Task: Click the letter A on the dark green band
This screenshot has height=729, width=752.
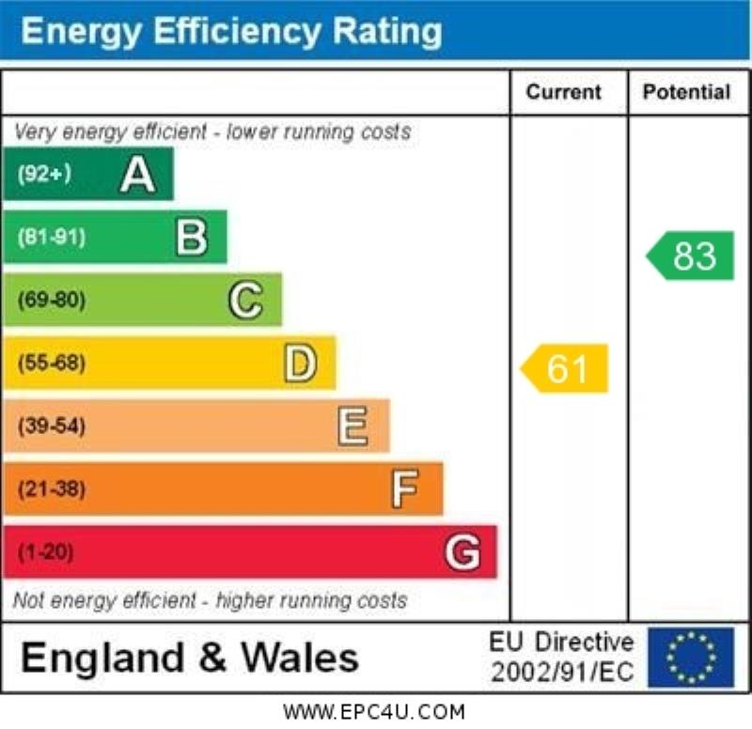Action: (x=137, y=175)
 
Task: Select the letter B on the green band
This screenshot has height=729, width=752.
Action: (x=192, y=238)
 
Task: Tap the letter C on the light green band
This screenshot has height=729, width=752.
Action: (x=245, y=301)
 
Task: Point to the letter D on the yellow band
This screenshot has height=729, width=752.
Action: (x=300, y=364)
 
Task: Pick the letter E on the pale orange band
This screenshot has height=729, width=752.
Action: (x=352, y=427)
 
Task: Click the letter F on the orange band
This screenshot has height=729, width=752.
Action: (x=405, y=489)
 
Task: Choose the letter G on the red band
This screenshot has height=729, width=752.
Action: (x=462, y=552)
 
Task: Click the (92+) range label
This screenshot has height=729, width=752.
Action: (x=44, y=174)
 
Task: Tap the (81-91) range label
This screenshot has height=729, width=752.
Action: (x=51, y=238)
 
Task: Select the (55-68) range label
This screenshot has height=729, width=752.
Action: (x=51, y=364)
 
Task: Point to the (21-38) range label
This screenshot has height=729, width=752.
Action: (x=51, y=489)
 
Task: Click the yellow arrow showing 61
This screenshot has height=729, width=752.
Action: (x=566, y=368)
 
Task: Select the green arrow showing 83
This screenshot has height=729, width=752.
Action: (x=692, y=256)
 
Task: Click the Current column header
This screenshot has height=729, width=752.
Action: (x=563, y=92)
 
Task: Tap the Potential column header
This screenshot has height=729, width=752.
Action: (x=686, y=92)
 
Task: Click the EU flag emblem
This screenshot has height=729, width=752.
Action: (x=691, y=657)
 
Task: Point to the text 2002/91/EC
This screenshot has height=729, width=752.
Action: (x=562, y=673)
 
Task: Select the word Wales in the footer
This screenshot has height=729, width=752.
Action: (x=300, y=657)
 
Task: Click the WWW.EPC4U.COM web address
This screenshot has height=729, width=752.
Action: (x=374, y=712)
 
